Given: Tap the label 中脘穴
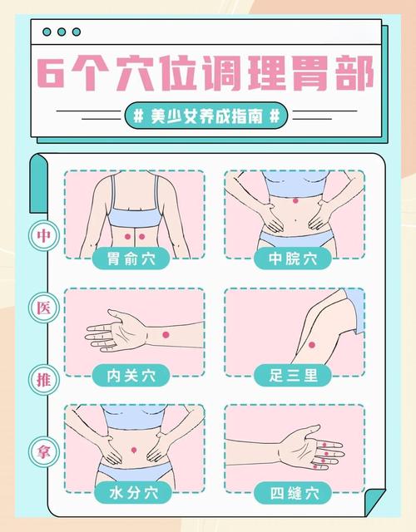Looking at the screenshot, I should (x=294, y=259).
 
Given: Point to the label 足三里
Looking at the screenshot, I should (x=294, y=375).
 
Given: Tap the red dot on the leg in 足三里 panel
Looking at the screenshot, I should (x=310, y=345).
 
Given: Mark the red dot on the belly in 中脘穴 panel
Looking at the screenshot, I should (x=294, y=199).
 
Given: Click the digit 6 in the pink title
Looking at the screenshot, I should (x=57, y=76).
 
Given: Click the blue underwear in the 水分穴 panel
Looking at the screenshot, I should (x=134, y=474).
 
